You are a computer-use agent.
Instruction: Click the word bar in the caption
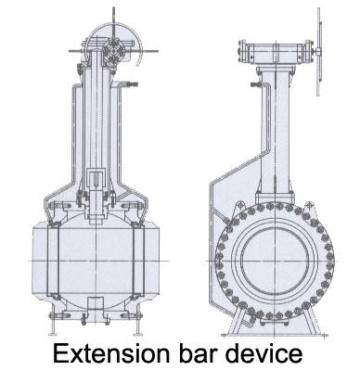[x=198, y=353]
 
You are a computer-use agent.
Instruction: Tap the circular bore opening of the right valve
[x=275, y=260]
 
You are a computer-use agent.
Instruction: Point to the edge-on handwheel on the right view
[x=318, y=51]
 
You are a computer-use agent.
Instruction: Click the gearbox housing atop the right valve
[x=275, y=53]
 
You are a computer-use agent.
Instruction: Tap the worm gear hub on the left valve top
[x=113, y=51]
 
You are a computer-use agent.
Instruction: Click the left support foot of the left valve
[x=53, y=322]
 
